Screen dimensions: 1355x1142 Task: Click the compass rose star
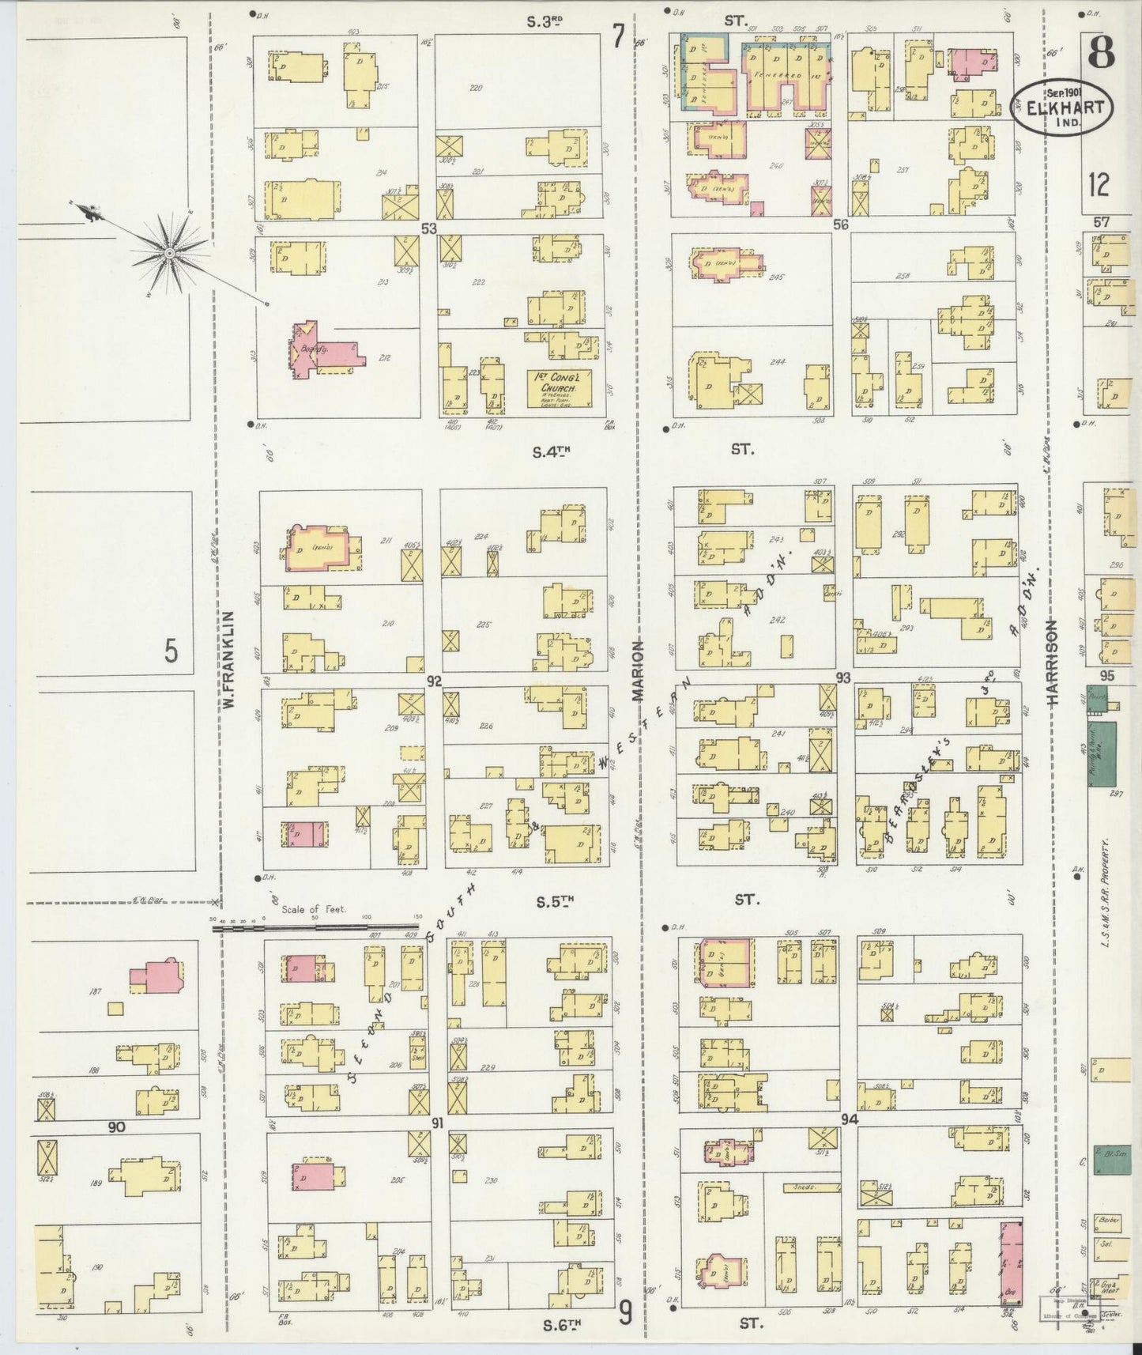tap(169, 253)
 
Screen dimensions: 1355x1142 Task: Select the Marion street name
tap(638, 671)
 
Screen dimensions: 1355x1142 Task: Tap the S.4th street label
tap(551, 452)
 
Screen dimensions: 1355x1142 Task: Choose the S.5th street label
tap(552, 900)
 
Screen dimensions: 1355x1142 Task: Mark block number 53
tap(429, 228)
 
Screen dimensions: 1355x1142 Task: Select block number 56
tap(840, 225)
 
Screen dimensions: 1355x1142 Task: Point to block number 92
tap(433, 680)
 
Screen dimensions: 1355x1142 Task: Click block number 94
tap(850, 1120)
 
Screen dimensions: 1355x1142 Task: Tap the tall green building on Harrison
tap(1102, 753)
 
